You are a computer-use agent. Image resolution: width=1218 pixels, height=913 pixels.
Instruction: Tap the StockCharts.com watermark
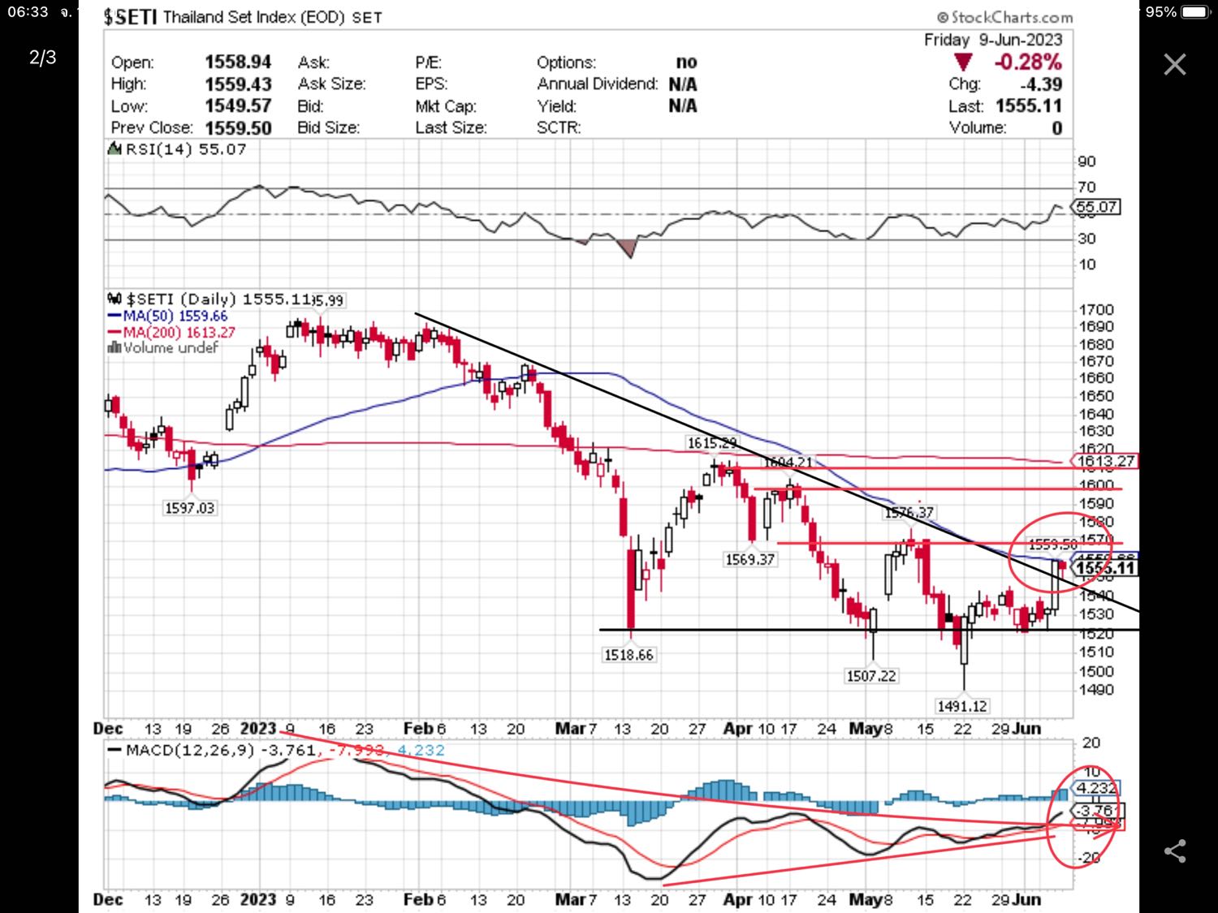[x=1004, y=17]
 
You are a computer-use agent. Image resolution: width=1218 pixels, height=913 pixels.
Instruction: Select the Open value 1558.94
[x=237, y=62]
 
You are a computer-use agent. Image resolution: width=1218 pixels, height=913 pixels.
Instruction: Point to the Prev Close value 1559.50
[x=238, y=128]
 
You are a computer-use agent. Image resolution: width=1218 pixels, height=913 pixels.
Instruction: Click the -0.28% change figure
[x=1027, y=62]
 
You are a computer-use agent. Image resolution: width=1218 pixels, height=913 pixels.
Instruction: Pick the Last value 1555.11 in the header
[x=1028, y=106]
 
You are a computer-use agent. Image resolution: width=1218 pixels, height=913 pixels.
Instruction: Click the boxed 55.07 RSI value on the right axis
[x=1097, y=207]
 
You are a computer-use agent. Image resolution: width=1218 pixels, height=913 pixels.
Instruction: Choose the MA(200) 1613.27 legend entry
[x=178, y=332]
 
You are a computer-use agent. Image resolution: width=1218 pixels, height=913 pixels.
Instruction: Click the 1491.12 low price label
[x=962, y=706]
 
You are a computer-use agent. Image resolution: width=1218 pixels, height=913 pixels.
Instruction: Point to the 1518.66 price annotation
[x=628, y=655]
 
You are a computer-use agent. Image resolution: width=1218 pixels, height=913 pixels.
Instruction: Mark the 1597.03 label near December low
[x=189, y=508]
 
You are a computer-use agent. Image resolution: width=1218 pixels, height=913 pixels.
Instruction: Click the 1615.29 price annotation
[x=712, y=443]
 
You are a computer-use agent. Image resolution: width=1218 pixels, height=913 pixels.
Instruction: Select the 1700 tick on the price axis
[x=1096, y=310]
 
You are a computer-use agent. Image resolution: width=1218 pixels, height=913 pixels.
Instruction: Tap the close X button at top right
[x=1174, y=64]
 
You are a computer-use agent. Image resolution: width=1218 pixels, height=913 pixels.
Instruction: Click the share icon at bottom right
[x=1174, y=851]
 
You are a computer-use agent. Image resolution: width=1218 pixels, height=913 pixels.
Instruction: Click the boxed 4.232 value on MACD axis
[x=1096, y=788]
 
